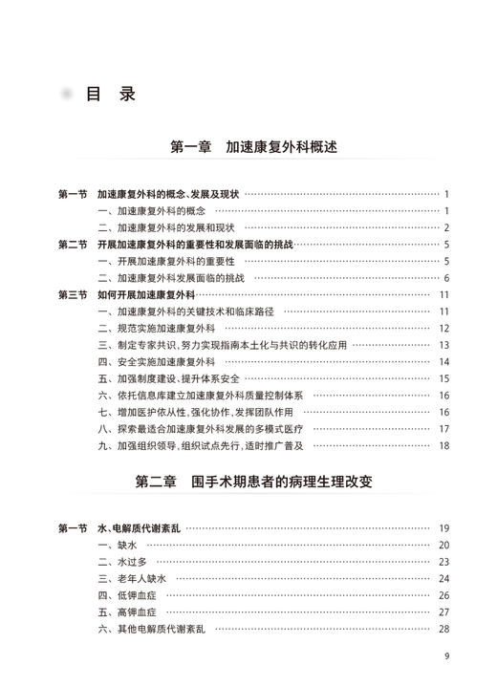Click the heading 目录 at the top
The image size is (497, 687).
coord(110,94)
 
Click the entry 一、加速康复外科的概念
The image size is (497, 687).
coord(152,210)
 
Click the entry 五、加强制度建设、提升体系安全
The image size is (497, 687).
coord(172,378)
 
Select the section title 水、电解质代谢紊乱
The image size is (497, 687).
coord(140,528)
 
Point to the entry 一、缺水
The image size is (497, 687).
coord(119,545)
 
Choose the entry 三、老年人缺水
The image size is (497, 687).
coord(132,578)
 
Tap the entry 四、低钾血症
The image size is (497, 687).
coord(128,595)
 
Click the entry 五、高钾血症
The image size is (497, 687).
coord(128,612)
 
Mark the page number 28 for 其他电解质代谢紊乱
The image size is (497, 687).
coord(443,629)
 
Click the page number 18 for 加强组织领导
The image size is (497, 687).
coord(443,445)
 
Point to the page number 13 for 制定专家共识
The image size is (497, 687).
coord(443,345)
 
